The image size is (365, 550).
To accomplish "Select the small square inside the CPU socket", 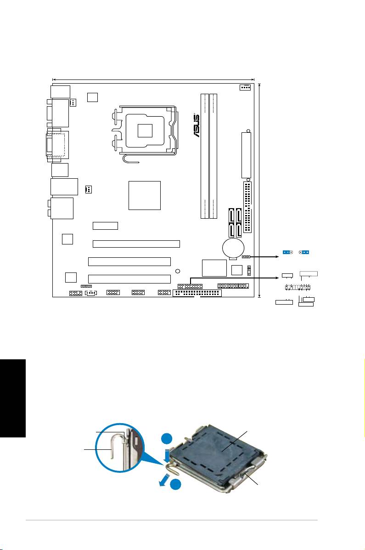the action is click(145, 131).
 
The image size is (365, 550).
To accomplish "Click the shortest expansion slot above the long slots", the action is click(105, 226).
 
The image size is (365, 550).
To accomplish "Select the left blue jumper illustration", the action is click(288, 252).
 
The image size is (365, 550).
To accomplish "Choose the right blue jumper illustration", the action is click(304, 252).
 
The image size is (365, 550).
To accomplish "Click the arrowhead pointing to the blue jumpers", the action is click(278, 252).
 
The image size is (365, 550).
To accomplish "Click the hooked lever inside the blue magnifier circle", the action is click(113, 455).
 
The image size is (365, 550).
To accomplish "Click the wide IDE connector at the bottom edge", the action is click(197, 294).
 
